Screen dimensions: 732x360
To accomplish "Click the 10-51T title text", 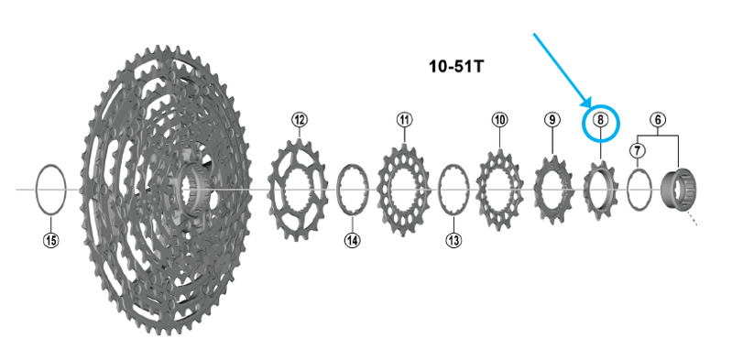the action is pyautogui.click(x=456, y=67).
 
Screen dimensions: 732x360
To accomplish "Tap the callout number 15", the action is pyautogui.click(x=51, y=241).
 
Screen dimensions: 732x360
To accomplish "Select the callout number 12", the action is pyautogui.click(x=300, y=120).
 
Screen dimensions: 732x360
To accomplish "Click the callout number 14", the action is pyautogui.click(x=352, y=241).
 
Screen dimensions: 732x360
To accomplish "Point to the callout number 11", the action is pyautogui.click(x=404, y=120).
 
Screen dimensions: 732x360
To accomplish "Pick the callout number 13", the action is pyautogui.click(x=453, y=241).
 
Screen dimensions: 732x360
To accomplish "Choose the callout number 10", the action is pyautogui.click(x=499, y=120).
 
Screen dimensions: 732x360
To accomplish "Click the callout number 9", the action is pyautogui.click(x=552, y=120).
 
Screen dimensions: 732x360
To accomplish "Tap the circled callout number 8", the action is pyautogui.click(x=600, y=121).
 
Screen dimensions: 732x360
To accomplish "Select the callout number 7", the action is pyautogui.click(x=638, y=150).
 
